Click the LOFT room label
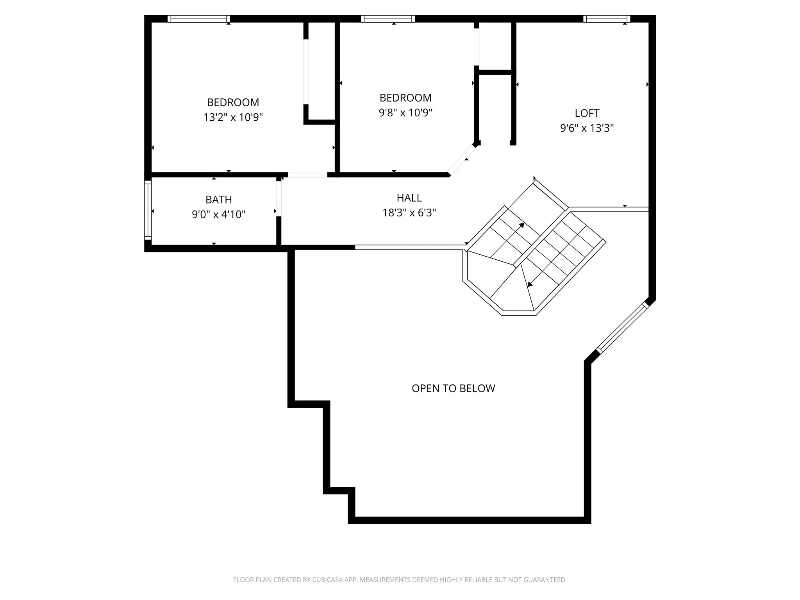pos(587,113)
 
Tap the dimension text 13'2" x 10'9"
pos(233,117)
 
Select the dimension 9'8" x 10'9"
pos(405,113)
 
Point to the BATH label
pos(219,200)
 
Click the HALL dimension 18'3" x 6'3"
pos(409,212)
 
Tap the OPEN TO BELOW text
pos(453,388)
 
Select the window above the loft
pos(606,19)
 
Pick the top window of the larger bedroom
pos(198,19)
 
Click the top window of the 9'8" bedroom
pos(387,19)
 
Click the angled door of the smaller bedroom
pos(462,160)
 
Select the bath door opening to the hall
pos(279,199)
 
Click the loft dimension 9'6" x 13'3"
pos(587,128)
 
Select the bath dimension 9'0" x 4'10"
pos(219,214)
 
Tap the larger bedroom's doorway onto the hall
pos(307,175)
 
